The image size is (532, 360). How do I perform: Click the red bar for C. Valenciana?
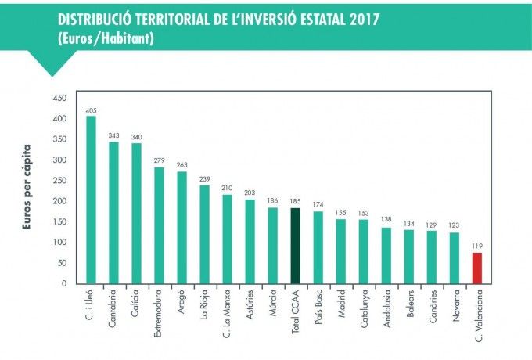point(476,268)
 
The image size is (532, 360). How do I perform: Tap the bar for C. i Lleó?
point(91,200)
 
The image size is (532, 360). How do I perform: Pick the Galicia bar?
point(136,214)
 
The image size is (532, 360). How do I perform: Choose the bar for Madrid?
point(340,251)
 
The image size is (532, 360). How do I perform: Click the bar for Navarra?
point(454,258)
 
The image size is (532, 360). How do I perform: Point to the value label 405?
point(91,110)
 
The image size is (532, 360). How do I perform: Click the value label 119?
point(476,246)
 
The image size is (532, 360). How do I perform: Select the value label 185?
point(295,201)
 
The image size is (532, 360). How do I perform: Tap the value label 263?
point(182,165)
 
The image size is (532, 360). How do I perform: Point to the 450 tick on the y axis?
point(59,99)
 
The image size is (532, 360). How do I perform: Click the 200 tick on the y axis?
point(59,201)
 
